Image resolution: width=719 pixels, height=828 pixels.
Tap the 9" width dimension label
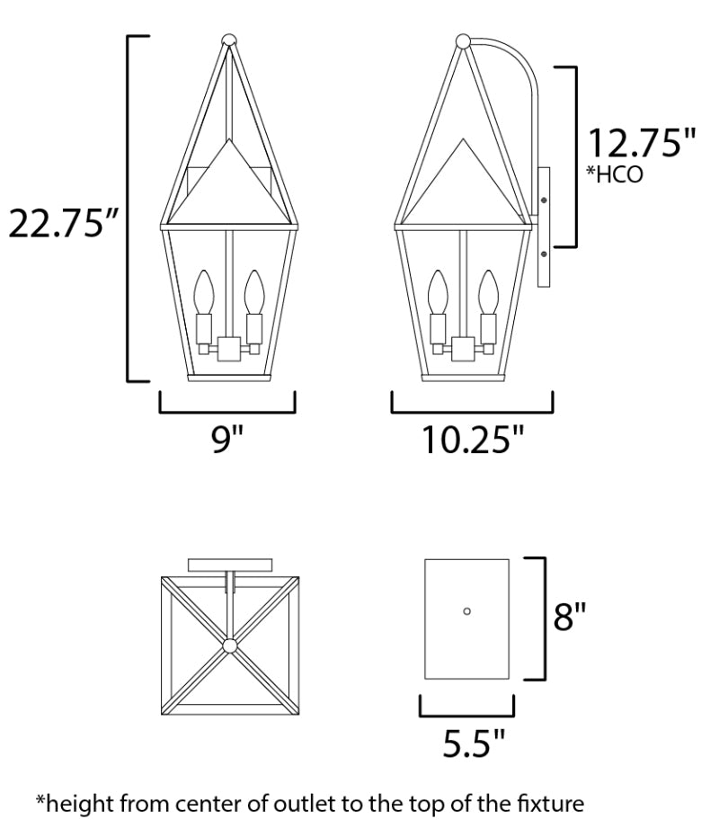[x=227, y=439]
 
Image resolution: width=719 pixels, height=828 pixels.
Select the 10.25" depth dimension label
[x=473, y=440]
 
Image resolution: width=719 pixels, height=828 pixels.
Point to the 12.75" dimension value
[x=642, y=143]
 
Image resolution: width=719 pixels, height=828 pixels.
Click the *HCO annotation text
[x=615, y=174]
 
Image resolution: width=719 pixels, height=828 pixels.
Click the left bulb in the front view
[x=203, y=292]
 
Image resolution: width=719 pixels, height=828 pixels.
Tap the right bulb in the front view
[x=254, y=292]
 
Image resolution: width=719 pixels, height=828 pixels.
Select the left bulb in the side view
[x=438, y=292]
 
